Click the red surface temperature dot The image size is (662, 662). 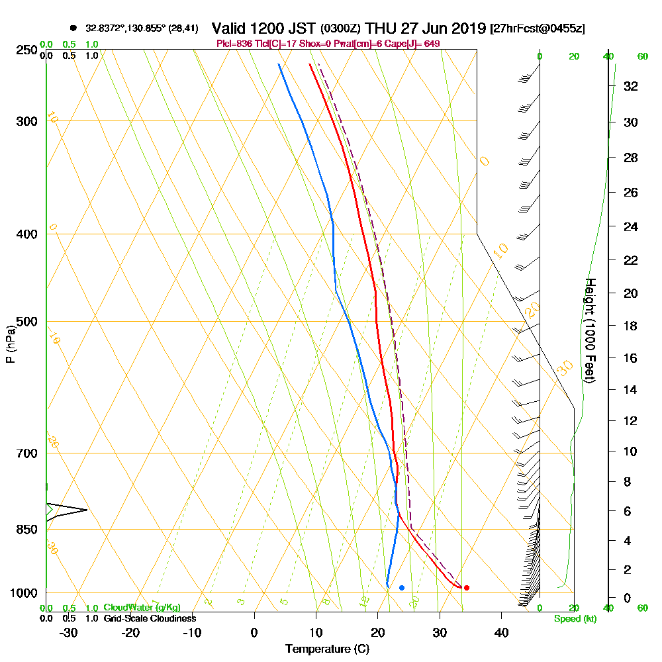point(467,588)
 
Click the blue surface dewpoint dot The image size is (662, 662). point(402,588)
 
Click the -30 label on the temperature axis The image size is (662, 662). point(69,632)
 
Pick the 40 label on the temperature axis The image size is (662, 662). point(501,632)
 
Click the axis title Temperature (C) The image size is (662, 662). point(327,649)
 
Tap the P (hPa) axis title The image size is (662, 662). point(11,344)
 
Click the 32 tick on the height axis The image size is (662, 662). point(631,86)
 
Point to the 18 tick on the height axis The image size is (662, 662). point(631,326)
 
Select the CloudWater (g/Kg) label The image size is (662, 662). point(142,608)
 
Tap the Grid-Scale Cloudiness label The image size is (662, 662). point(150,618)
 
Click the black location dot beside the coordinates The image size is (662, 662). point(73,28)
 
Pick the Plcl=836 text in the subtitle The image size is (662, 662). point(235,44)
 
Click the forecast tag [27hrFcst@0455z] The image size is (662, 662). point(537,29)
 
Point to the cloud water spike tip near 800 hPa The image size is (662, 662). point(87,510)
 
